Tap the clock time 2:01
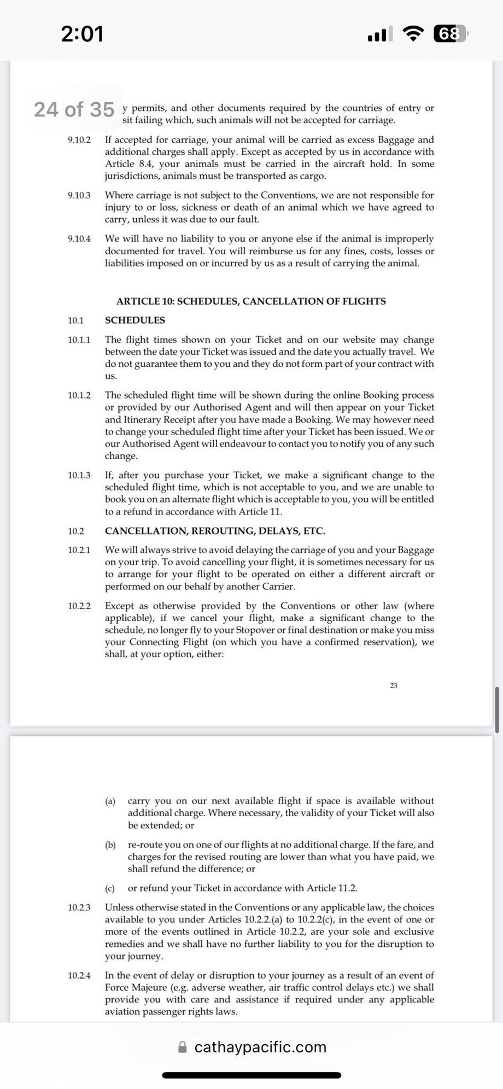[82, 34]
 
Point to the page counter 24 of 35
[74, 109]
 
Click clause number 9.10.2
[79, 140]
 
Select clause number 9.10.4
[79, 239]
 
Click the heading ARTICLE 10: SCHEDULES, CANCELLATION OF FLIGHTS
[251, 301]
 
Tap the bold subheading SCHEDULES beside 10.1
[135, 320]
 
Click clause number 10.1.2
[79, 395]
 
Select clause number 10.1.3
[79, 476]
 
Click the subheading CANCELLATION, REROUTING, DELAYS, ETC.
[215, 531]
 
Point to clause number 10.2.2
[79, 606]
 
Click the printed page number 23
[394, 686]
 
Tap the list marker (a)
[110, 801]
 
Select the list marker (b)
[110, 845]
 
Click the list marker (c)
[110, 888]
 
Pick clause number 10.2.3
[79, 907]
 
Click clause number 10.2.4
[79, 975]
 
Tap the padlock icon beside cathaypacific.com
[183, 1047]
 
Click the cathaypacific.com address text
[260, 1047]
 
